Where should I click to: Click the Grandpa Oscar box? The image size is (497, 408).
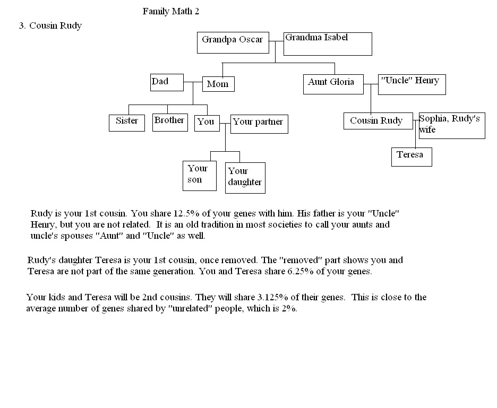[233, 42]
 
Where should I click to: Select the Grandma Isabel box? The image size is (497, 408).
[327, 44]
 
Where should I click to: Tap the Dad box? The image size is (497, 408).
[167, 82]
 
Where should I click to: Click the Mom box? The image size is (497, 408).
[218, 84]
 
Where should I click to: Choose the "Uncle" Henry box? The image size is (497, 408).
[412, 84]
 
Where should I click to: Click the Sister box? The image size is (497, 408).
[126, 123]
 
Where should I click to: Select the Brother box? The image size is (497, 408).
[169, 122]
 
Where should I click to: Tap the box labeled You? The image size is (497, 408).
[207, 123]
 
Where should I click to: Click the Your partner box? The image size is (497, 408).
[259, 124]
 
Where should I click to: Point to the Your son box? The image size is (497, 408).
[199, 176]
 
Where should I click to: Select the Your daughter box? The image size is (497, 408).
[245, 178]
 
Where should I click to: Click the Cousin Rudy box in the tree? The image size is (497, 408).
[378, 121]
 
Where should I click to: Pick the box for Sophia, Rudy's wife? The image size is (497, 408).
[451, 126]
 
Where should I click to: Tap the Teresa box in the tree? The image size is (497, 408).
[412, 157]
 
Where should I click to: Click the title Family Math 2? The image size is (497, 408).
[171, 11]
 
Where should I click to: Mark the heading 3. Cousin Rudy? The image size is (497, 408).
[50, 25]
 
